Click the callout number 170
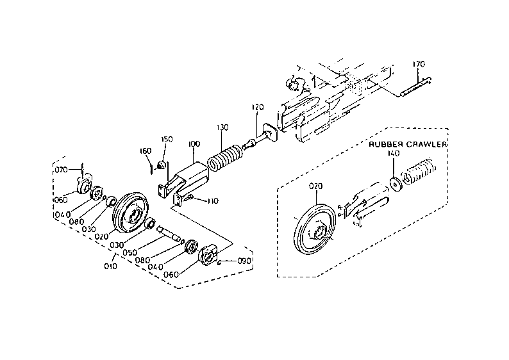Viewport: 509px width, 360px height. click(x=419, y=64)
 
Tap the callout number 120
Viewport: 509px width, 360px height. click(x=258, y=107)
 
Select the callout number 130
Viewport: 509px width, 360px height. click(x=222, y=127)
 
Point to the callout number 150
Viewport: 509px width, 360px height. click(x=167, y=139)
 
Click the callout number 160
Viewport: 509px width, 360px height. click(x=146, y=151)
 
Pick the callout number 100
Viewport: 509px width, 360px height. click(x=194, y=143)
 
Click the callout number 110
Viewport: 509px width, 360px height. click(x=213, y=201)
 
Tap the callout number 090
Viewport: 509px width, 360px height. click(x=244, y=261)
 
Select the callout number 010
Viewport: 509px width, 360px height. click(x=110, y=266)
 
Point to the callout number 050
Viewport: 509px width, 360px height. click(x=130, y=252)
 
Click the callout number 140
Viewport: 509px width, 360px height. click(x=394, y=153)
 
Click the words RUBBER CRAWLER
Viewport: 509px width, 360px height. click(x=408, y=144)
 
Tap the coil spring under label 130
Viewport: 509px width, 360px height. click(x=224, y=158)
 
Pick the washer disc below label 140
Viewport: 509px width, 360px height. click(x=396, y=184)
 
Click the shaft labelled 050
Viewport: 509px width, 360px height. click(x=169, y=234)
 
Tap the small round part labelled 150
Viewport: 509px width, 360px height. click(x=162, y=165)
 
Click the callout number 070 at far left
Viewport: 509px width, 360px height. click(x=61, y=170)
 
